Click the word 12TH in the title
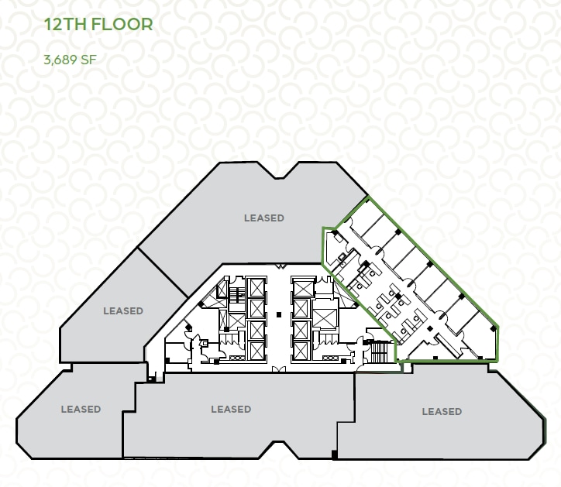coord(65,24)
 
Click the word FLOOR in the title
coord(122,24)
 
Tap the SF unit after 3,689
coord(88,59)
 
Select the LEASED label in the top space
coord(264,218)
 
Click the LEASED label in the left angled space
coord(123,311)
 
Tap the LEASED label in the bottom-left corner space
coord(81,410)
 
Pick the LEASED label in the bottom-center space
coord(231,410)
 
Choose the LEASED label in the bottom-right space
coord(442,412)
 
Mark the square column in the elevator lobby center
coord(278,314)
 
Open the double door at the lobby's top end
coord(280,269)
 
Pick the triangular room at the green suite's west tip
coord(335,248)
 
